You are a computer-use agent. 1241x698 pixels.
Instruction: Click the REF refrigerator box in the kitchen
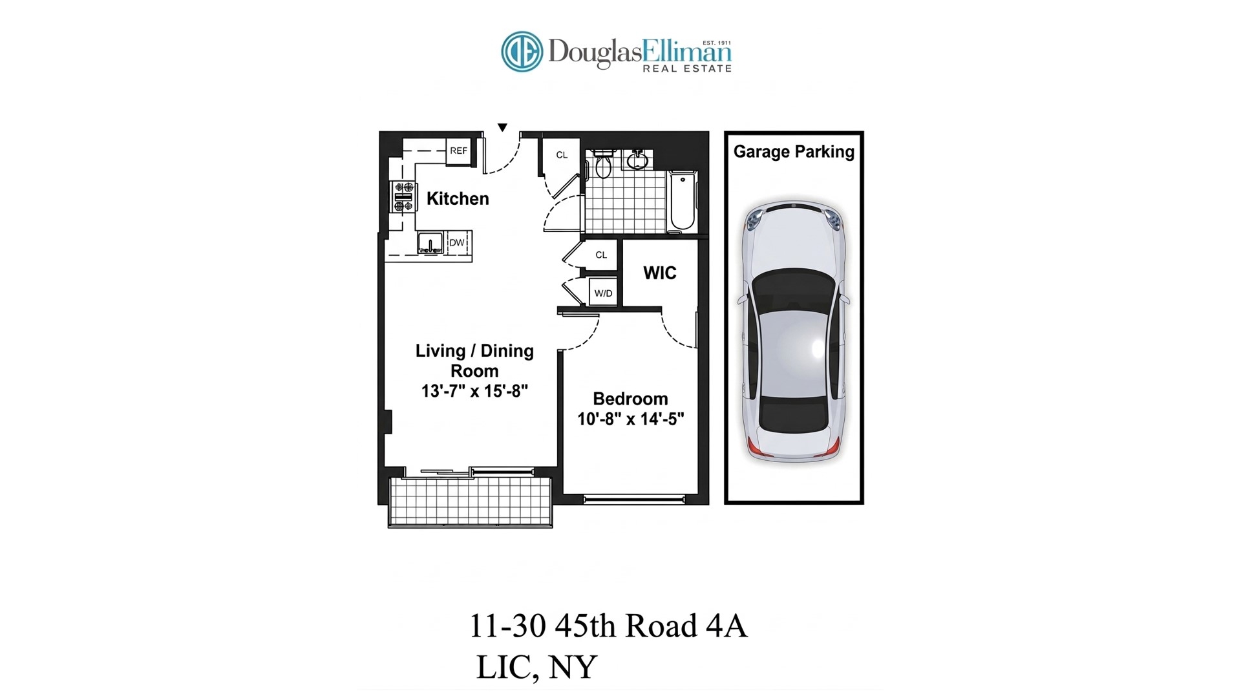point(458,151)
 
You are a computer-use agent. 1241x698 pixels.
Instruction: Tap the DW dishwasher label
point(457,243)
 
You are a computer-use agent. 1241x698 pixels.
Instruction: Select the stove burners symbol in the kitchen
point(404,196)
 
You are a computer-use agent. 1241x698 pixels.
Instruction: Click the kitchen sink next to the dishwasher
point(430,244)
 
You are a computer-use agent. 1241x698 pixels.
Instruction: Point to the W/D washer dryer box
point(603,293)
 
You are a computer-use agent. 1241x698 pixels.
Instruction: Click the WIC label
point(659,273)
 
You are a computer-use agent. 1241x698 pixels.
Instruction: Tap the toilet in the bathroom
point(603,165)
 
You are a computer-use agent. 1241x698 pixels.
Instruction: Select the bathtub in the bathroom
point(682,200)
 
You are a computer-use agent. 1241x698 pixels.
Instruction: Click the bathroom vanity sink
point(637,160)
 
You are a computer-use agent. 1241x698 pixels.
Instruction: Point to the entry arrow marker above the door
point(502,127)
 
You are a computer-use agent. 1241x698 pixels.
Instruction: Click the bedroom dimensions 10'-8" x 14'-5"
point(630,419)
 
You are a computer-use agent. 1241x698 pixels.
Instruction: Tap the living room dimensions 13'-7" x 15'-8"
point(474,391)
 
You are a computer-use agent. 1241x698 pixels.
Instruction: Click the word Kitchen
point(458,199)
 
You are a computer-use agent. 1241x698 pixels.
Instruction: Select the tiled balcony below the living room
point(470,502)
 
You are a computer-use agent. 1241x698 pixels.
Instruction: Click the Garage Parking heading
point(794,152)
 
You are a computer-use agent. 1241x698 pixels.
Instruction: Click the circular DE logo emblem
point(522,52)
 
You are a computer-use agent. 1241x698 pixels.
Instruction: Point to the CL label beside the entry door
point(562,155)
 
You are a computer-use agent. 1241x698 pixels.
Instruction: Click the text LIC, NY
point(536,668)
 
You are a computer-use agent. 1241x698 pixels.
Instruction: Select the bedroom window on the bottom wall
point(634,499)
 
